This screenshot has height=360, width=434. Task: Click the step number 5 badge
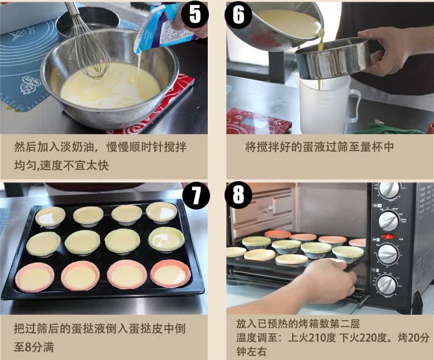(x=195, y=14)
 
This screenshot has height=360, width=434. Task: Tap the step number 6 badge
(x=238, y=14)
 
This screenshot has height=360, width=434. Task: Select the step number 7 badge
(x=196, y=196)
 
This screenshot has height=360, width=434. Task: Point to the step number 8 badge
(x=238, y=195)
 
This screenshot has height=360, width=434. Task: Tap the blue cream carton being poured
(x=163, y=28)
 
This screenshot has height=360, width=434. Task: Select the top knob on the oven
(x=389, y=190)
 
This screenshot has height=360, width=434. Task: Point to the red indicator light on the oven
(x=388, y=237)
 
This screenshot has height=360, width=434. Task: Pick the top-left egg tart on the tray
(x=50, y=217)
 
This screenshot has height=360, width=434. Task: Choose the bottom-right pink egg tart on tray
(x=170, y=274)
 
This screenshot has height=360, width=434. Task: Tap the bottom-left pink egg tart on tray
(x=35, y=277)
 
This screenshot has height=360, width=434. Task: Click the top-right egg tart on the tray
(x=161, y=212)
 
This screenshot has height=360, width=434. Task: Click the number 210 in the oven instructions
(x=317, y=338)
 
